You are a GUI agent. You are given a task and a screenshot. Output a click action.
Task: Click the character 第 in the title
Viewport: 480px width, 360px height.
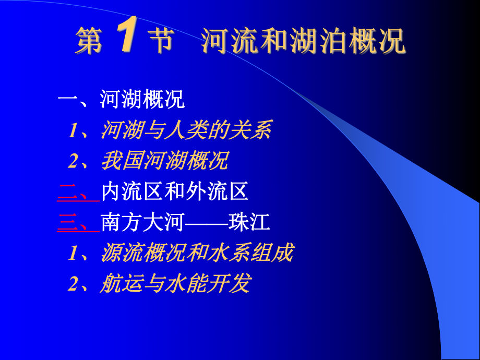(89, 42)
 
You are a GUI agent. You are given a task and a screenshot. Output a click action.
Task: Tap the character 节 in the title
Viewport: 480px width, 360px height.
(160, 42)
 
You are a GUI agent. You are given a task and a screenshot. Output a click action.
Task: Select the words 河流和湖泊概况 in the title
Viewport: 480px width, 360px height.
(303, 42)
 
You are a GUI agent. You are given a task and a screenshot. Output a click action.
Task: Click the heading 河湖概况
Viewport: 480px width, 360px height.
(142, 100)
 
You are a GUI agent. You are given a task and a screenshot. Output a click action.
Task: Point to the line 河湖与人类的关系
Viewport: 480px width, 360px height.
(186, 130)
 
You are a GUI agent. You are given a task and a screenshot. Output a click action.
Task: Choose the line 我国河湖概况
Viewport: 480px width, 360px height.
(165, 162)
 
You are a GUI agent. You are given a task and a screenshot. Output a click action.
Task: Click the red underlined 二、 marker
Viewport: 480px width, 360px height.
(77, 193)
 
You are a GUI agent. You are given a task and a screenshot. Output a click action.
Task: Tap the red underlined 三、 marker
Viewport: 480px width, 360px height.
(77, 223)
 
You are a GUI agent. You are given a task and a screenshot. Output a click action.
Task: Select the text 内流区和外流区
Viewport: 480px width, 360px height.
(175, 193)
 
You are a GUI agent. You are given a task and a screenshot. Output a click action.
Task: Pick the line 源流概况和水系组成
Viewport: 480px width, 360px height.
(197, 254)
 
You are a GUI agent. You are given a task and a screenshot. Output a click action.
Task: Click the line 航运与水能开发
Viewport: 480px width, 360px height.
(175, 284)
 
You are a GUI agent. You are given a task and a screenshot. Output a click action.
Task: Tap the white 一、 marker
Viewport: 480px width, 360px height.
(77, 100)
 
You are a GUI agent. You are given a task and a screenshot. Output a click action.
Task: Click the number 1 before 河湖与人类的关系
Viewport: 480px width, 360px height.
(73, 131)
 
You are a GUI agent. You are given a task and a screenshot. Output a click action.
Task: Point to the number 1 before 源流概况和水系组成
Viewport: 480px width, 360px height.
(73, 254)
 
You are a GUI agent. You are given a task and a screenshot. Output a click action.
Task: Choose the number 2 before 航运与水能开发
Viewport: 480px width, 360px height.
(73, 284)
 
